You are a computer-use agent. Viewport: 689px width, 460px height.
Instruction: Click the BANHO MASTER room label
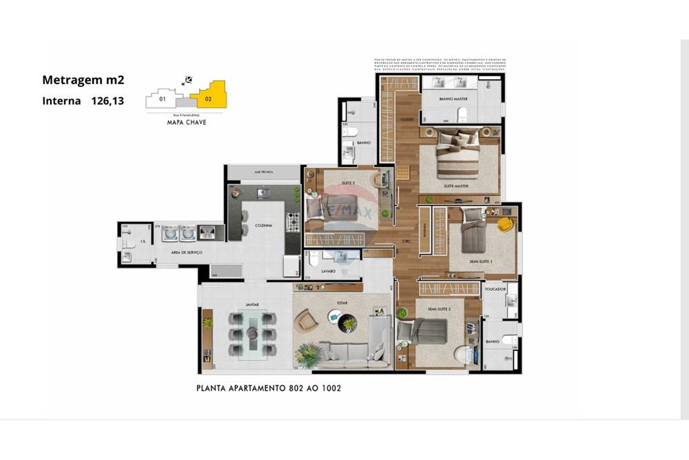[453, 99]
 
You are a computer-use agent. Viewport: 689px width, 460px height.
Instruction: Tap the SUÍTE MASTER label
[456, 186]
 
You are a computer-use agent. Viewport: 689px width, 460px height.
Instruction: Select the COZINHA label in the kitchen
[263, 226]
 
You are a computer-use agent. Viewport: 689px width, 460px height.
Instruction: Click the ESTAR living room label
[342, 301]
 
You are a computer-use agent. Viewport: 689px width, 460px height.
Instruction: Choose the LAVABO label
[329, 271]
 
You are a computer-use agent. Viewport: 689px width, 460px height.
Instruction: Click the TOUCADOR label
[495, 289]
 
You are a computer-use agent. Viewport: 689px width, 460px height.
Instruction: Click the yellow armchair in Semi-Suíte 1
[506, 224]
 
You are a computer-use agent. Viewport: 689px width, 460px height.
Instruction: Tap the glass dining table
[251, 334]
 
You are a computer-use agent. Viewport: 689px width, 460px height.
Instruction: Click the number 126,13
[108, 101]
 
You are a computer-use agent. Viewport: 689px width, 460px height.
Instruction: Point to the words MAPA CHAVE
[186, 122]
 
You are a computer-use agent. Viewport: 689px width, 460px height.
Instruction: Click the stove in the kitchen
[293, 222]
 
